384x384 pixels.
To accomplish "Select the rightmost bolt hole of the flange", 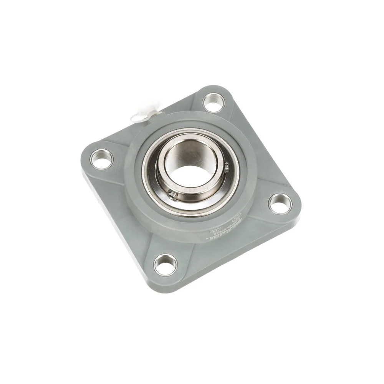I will (280, 204).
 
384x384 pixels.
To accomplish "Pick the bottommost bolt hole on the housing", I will (166, 264).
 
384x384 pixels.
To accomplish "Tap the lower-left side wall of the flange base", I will (115, 223).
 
